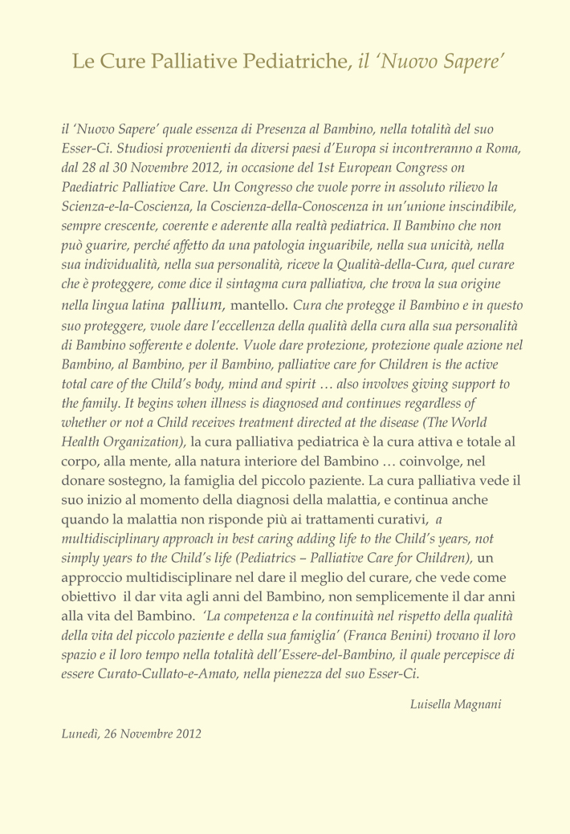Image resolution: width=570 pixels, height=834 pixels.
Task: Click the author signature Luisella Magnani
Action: (455, 705)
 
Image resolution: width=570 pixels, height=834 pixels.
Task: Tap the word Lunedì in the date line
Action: (79, 733)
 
